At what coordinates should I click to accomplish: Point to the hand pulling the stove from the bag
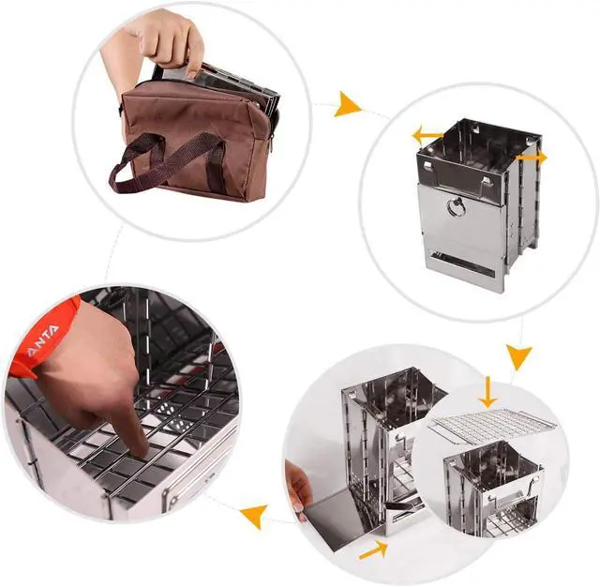(169, 42)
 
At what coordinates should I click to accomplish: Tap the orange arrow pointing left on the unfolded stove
(427, 136)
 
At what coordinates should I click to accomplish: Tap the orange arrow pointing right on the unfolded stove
(532, 158)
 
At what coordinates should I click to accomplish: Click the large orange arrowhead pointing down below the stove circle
(518, 355)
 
